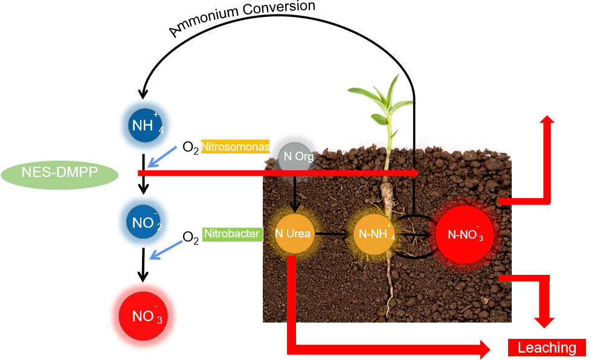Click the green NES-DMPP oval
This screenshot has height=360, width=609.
[x=60, y=174]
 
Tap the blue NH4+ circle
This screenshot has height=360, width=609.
[x=145, y=126]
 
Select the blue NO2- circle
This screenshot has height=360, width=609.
[x=143, y=222]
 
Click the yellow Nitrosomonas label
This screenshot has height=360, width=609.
[x=236, y=147]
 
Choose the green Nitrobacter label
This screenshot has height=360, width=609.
[x=232, y=234]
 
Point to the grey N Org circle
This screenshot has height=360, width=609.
[x=298, y=157]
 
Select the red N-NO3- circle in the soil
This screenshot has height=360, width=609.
[x=465, y=234]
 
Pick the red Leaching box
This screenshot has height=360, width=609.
[x=547, y=347]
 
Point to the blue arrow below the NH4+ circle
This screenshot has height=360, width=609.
[x=163, y=156]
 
